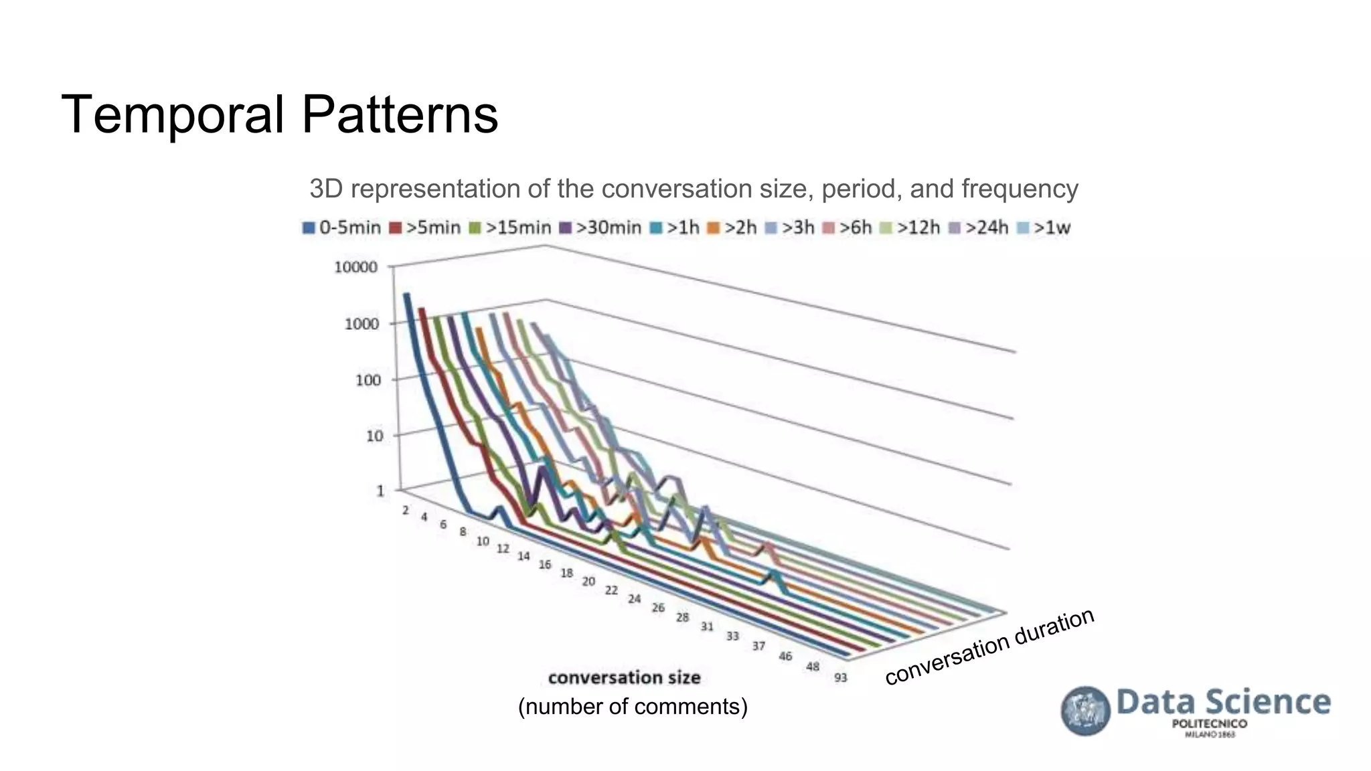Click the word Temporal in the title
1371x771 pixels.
pyautogui.click(x=173, y=115)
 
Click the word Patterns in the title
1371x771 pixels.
pyautogui.click(x=400, y=115)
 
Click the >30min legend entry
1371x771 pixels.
pyautogui.click(x=600, y=228)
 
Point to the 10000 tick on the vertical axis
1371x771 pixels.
pyautogui.click(x=355, y=268)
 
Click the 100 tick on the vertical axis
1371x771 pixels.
pyautogui.click(x=368, y=380)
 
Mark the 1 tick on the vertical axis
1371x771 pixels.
pyautogui.click(x=380, y=491)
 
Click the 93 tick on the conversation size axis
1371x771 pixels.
pyautogui.click(x=841, y=677)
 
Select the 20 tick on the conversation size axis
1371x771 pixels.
pyautogui.click(x=588, y=582)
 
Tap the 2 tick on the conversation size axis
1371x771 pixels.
pyautogui.click(x=406, y=511)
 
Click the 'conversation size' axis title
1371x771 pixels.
pyautogui.click(x=624, y=678)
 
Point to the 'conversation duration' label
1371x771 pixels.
pyautogui.click(x=989, y=647)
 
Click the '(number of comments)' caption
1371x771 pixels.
pyautogui.click(x=633, y=707)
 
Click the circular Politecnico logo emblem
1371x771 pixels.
pyautogui.click(x=1085, y=711)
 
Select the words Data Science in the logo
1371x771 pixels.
pyautogui.click(x=1223, y=702)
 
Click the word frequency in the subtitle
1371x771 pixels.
pyautogui.click(x=1020, y=189)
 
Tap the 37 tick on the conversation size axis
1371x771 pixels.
pyautogui.click(x=758, y=646)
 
